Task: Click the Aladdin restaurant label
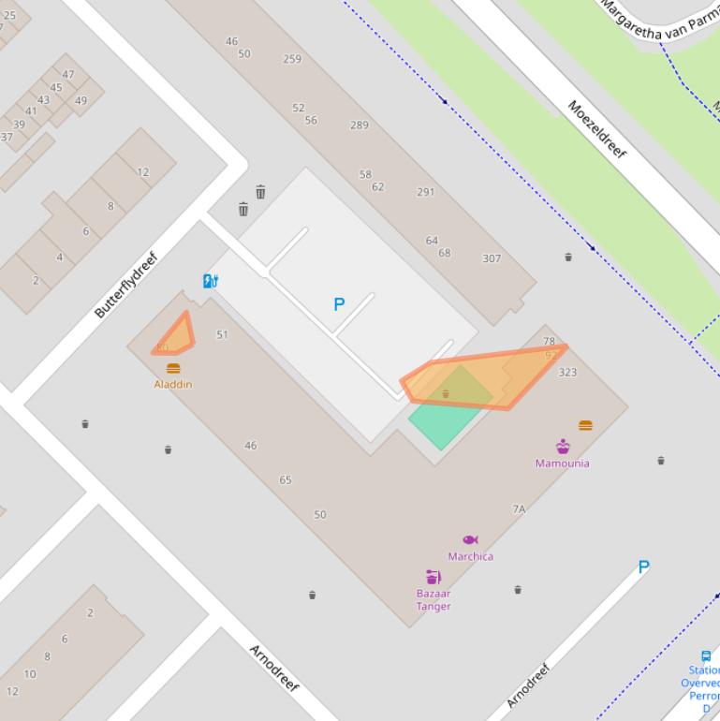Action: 173,384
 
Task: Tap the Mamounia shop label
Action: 562,463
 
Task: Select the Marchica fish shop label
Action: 470,556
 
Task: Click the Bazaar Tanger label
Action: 433,599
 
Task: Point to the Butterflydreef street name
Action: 126,285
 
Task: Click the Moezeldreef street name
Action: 596,129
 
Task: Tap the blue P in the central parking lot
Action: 339,304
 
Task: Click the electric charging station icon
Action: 211,281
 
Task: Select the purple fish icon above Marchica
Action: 470,539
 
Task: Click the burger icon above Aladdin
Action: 173,368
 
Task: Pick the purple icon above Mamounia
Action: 563,446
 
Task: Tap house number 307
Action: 492,258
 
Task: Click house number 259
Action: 292,59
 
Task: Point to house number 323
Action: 567,373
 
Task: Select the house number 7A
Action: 519,509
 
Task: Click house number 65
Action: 286,479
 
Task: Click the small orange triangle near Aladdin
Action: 175,336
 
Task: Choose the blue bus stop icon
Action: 706,656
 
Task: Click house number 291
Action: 426,192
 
